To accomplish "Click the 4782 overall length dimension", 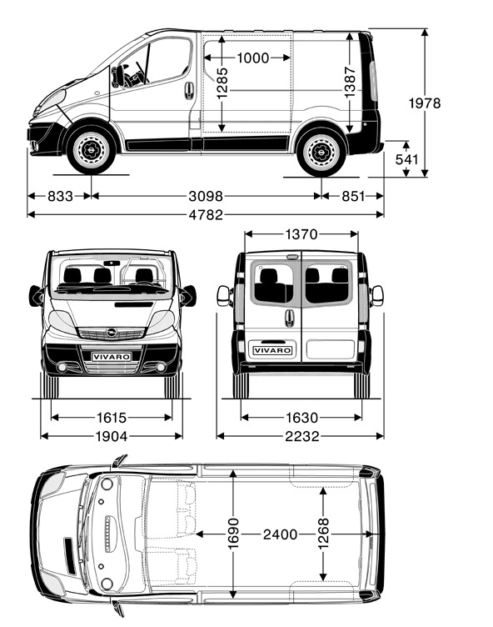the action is (x=206, y=215).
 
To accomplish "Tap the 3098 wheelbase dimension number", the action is (x=206, y=196).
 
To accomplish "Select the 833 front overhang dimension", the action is (x=60, y=196).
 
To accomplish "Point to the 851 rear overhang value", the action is (x=353, y=196).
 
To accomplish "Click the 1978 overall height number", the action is (x=425, y=103).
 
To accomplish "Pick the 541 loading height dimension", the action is (x=406, y=159).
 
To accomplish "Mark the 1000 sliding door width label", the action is (x=253, y=58).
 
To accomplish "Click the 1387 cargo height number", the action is (x=350, y=82).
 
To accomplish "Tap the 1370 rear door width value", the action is (x=301, y=234).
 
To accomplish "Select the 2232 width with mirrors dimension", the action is (x=302, y=436).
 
